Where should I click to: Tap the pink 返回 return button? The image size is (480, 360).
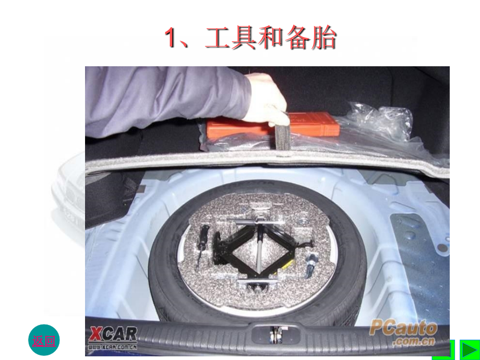43,340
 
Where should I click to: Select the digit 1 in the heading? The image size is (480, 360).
171,39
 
